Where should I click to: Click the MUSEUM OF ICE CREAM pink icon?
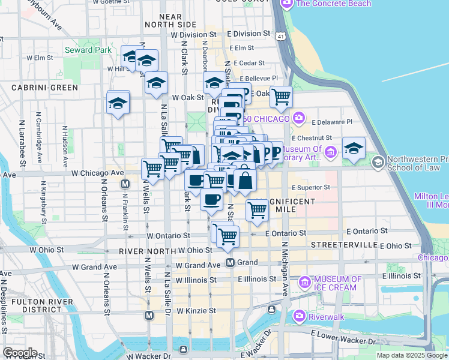[x=304, y=280]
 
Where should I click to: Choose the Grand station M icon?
[x=230, y=263]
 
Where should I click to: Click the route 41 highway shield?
[x=281, y=37]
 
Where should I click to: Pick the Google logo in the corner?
[x=19, y=352]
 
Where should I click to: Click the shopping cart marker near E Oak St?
[x=280, y=95]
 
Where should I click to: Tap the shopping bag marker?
[x=245, y=179]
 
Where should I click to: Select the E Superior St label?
[x=310, y=187]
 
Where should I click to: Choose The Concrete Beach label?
[x=333, y=4]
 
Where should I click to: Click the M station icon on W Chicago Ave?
[x=125, y=184]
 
